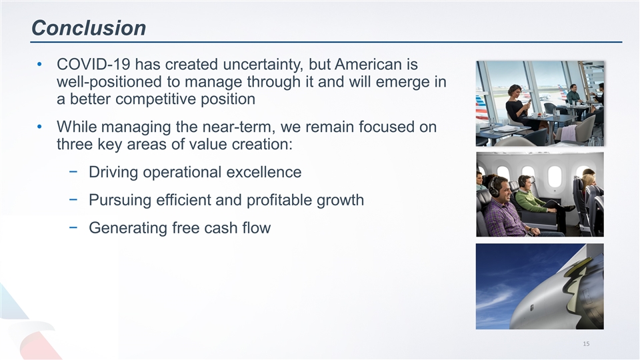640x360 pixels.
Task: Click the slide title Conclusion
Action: (89, 28)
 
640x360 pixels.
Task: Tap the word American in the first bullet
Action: (376, 65)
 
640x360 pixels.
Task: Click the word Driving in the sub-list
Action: (115, 172)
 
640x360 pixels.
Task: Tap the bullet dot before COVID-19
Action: (41, 66)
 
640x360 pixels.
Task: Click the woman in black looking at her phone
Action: (515, 105)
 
